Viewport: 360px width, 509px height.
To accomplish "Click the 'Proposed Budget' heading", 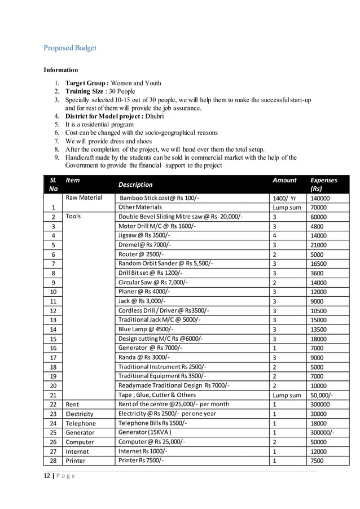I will (70, 48).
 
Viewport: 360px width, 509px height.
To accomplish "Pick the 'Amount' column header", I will (284, 180).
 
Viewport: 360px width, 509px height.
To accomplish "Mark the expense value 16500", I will (319, 264).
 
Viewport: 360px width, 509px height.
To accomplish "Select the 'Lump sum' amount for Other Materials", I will (287, 207).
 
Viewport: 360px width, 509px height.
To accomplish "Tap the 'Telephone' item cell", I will (81, 423).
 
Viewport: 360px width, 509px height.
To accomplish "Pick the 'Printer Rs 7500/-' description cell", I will (143, 460).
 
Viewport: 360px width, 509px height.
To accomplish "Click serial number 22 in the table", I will (52, 405).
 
